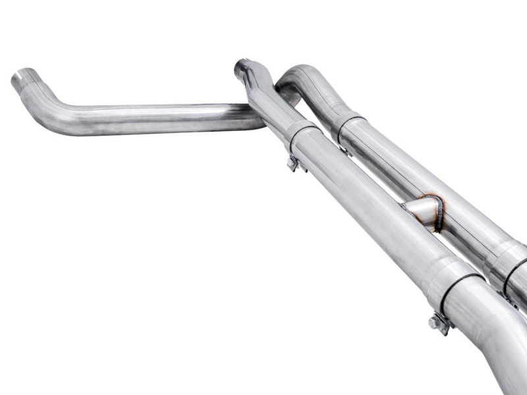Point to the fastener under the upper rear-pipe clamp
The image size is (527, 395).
[345, 150]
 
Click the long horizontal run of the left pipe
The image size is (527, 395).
[165, 118]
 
